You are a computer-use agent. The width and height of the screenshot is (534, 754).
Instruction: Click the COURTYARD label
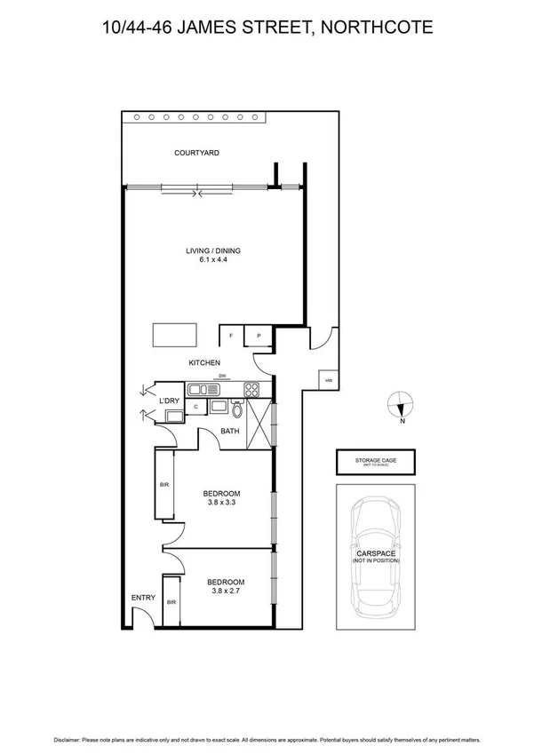tap(196, 153)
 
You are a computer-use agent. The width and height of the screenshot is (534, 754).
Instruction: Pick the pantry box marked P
tap(259, 337)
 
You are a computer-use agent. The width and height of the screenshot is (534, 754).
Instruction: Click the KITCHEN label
tap(203, 363)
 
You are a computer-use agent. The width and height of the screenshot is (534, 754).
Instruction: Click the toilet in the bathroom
tap(236, 409)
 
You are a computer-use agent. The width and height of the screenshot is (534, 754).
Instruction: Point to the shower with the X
tap(259, 424)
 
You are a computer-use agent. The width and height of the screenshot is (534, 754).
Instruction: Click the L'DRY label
tap(170, 402)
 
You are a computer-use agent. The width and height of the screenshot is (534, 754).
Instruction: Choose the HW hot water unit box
tap(329, 380)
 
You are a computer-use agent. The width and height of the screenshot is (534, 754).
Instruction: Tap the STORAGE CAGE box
tap(377, 463)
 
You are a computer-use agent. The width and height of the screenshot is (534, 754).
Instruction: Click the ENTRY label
tap(142, 598)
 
